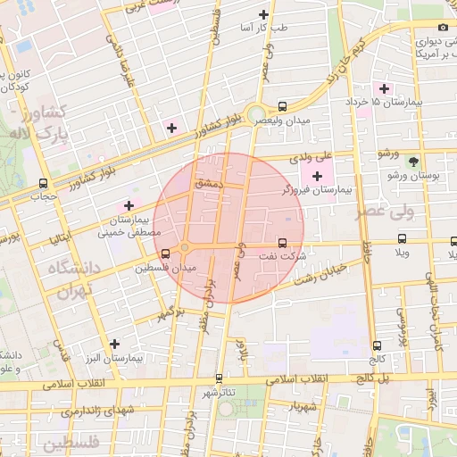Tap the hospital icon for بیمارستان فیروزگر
point(318,176)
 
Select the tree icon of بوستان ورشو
point(412,162)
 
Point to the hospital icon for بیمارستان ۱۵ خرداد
point(385,88)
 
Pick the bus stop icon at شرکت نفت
point(283,242)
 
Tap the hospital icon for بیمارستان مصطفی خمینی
point(129,206)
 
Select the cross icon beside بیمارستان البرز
point(113,343)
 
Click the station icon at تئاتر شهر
point(220,378)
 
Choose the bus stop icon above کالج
point(377,345)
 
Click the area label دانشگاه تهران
point(64,279)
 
